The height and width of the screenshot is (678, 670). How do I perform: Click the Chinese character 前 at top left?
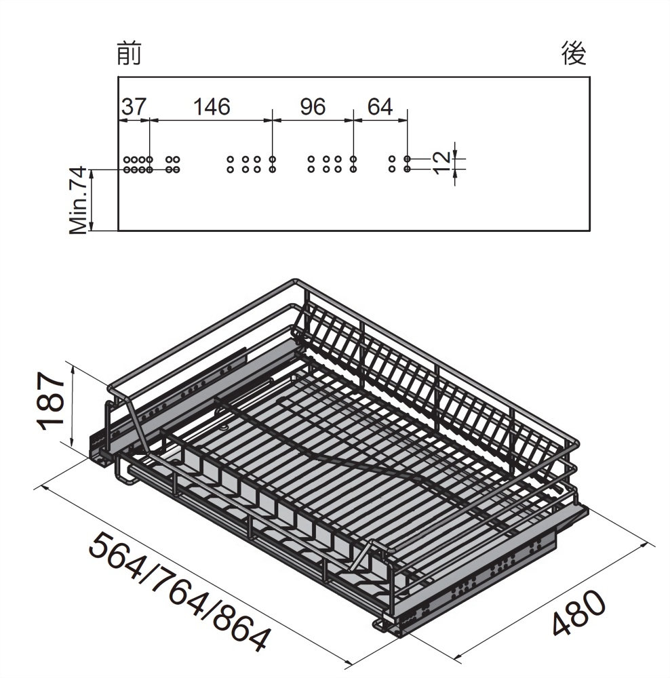(129, 54)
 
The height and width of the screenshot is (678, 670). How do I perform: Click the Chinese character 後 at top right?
(573, 54)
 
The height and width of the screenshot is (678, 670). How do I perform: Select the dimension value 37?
(133, 107)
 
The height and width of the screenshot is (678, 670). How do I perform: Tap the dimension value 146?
(211, 107)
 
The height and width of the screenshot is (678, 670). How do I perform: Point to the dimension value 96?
(312, 107)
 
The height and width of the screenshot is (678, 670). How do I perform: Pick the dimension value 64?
(380, 107)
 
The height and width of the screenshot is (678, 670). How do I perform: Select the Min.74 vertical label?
(79, 201)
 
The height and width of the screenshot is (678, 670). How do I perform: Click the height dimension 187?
(52, 401)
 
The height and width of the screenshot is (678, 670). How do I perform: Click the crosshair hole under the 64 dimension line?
(408, 159)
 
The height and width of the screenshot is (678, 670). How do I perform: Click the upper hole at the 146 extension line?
(272, 159)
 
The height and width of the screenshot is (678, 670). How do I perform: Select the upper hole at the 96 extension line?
(353, 159)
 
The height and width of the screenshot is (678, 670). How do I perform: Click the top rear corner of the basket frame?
(296, 281)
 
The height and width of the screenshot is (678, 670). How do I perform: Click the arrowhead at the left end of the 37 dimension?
(121, 121)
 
